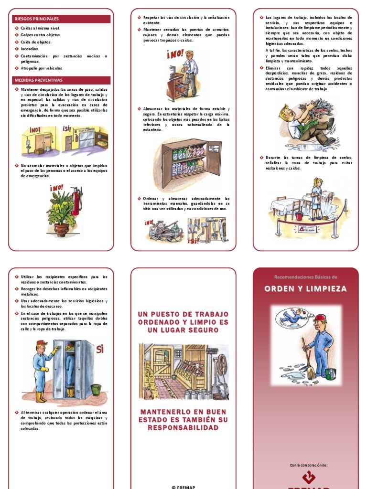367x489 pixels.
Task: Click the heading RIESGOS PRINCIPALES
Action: coord(36,19)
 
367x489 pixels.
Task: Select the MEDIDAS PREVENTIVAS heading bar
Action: coord(39,80)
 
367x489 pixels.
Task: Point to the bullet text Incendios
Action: coord(30,49)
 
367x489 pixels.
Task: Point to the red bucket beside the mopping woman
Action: coord(299,216)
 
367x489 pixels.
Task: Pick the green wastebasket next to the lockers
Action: coord(96,389)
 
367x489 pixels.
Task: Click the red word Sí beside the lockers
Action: coord(99,349)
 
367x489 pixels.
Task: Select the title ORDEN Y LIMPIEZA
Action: coord(306,289)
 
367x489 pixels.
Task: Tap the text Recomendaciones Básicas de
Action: coord(306,277)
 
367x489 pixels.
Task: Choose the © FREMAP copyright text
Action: coord(183,487)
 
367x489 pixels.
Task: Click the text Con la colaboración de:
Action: coord(308,465)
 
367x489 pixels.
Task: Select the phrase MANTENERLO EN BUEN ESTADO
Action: coord(183,415)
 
